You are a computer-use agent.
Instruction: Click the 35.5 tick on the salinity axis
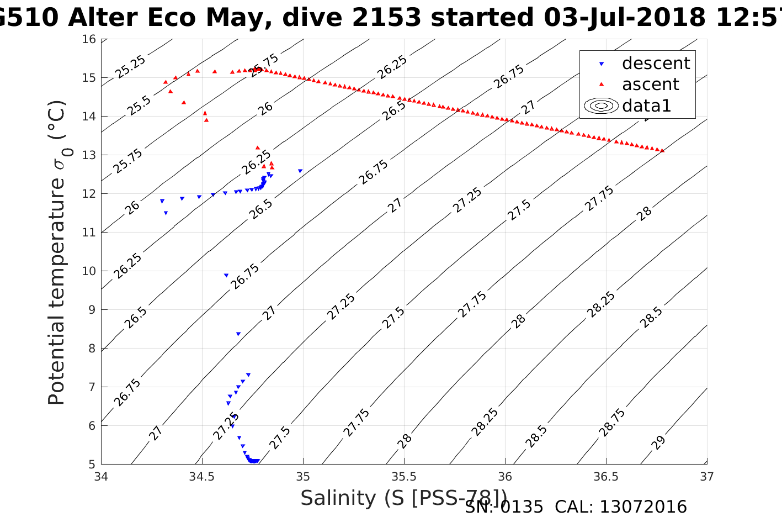pos(404,476)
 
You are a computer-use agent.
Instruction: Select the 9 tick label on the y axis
pos(92,310)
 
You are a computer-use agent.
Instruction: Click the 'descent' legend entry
pos(656,64)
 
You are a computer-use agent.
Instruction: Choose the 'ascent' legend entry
pos(650,85)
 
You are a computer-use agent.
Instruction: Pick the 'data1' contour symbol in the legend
pos(601,106)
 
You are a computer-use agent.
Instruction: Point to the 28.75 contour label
pos(612,423)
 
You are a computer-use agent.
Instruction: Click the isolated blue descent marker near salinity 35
pos(300,171)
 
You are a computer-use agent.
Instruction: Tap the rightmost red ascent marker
pos(662,150)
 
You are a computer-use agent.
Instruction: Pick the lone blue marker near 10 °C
pos(226,275)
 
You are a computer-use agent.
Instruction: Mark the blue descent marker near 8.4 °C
pos(238,334)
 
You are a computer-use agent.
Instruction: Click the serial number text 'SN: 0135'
pos(504,507)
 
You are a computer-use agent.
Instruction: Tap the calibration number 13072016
pos(643,507)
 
